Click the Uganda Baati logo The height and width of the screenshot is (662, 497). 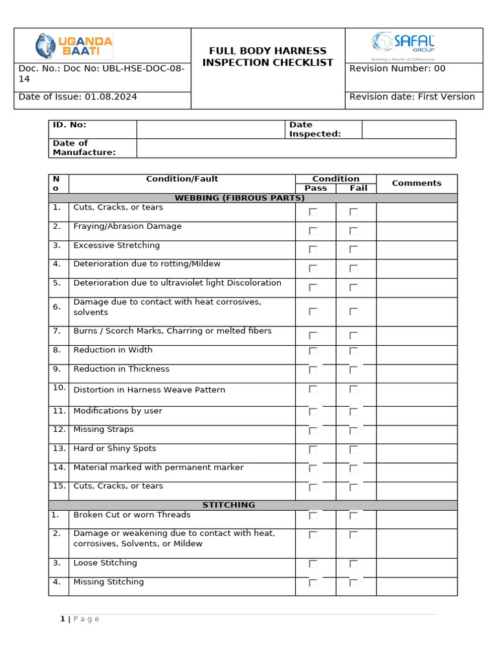[74, 47]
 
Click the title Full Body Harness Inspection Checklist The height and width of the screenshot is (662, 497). [267, 57]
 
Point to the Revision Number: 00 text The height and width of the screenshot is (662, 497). [397, 69]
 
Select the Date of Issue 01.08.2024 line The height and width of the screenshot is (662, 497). [78, 97]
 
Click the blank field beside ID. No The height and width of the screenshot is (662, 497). [210, 129]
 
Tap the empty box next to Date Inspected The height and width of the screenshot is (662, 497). [408, 129]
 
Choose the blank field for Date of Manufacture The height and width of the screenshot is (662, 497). [296, 148]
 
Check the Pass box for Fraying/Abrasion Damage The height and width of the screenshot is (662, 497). [313, 231]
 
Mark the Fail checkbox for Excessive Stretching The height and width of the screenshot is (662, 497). [353, 250]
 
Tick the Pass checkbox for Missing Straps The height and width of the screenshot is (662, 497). [313, 431]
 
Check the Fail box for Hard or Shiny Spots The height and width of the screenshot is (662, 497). [353, 449]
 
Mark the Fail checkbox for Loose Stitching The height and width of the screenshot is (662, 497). [353, 564]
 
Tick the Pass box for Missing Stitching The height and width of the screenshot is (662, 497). [313, 582]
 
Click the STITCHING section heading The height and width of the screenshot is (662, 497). [228, 505]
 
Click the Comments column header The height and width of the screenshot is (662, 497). [416, 183]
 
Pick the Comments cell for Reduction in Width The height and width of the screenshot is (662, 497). [416, 354]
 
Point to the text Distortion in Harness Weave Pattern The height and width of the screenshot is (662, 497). [149, 390]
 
